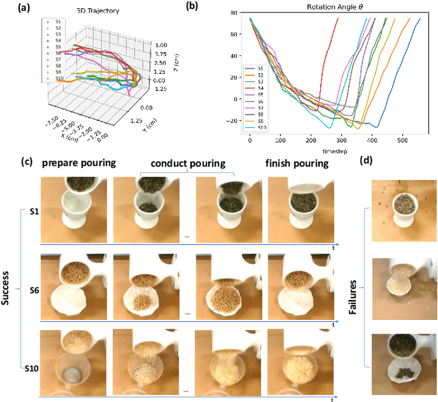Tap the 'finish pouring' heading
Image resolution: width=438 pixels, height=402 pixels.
click(298, 164)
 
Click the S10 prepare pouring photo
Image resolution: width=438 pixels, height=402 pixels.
click(73, 355)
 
